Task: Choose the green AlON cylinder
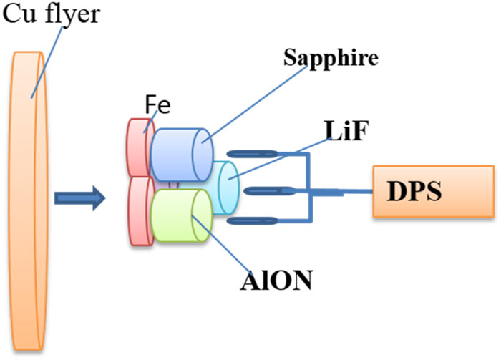click(x=180, y=219)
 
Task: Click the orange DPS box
click(x=430, y=191)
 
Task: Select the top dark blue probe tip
click(x=248, y=153)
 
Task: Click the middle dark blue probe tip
click(x=264, y=190)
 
